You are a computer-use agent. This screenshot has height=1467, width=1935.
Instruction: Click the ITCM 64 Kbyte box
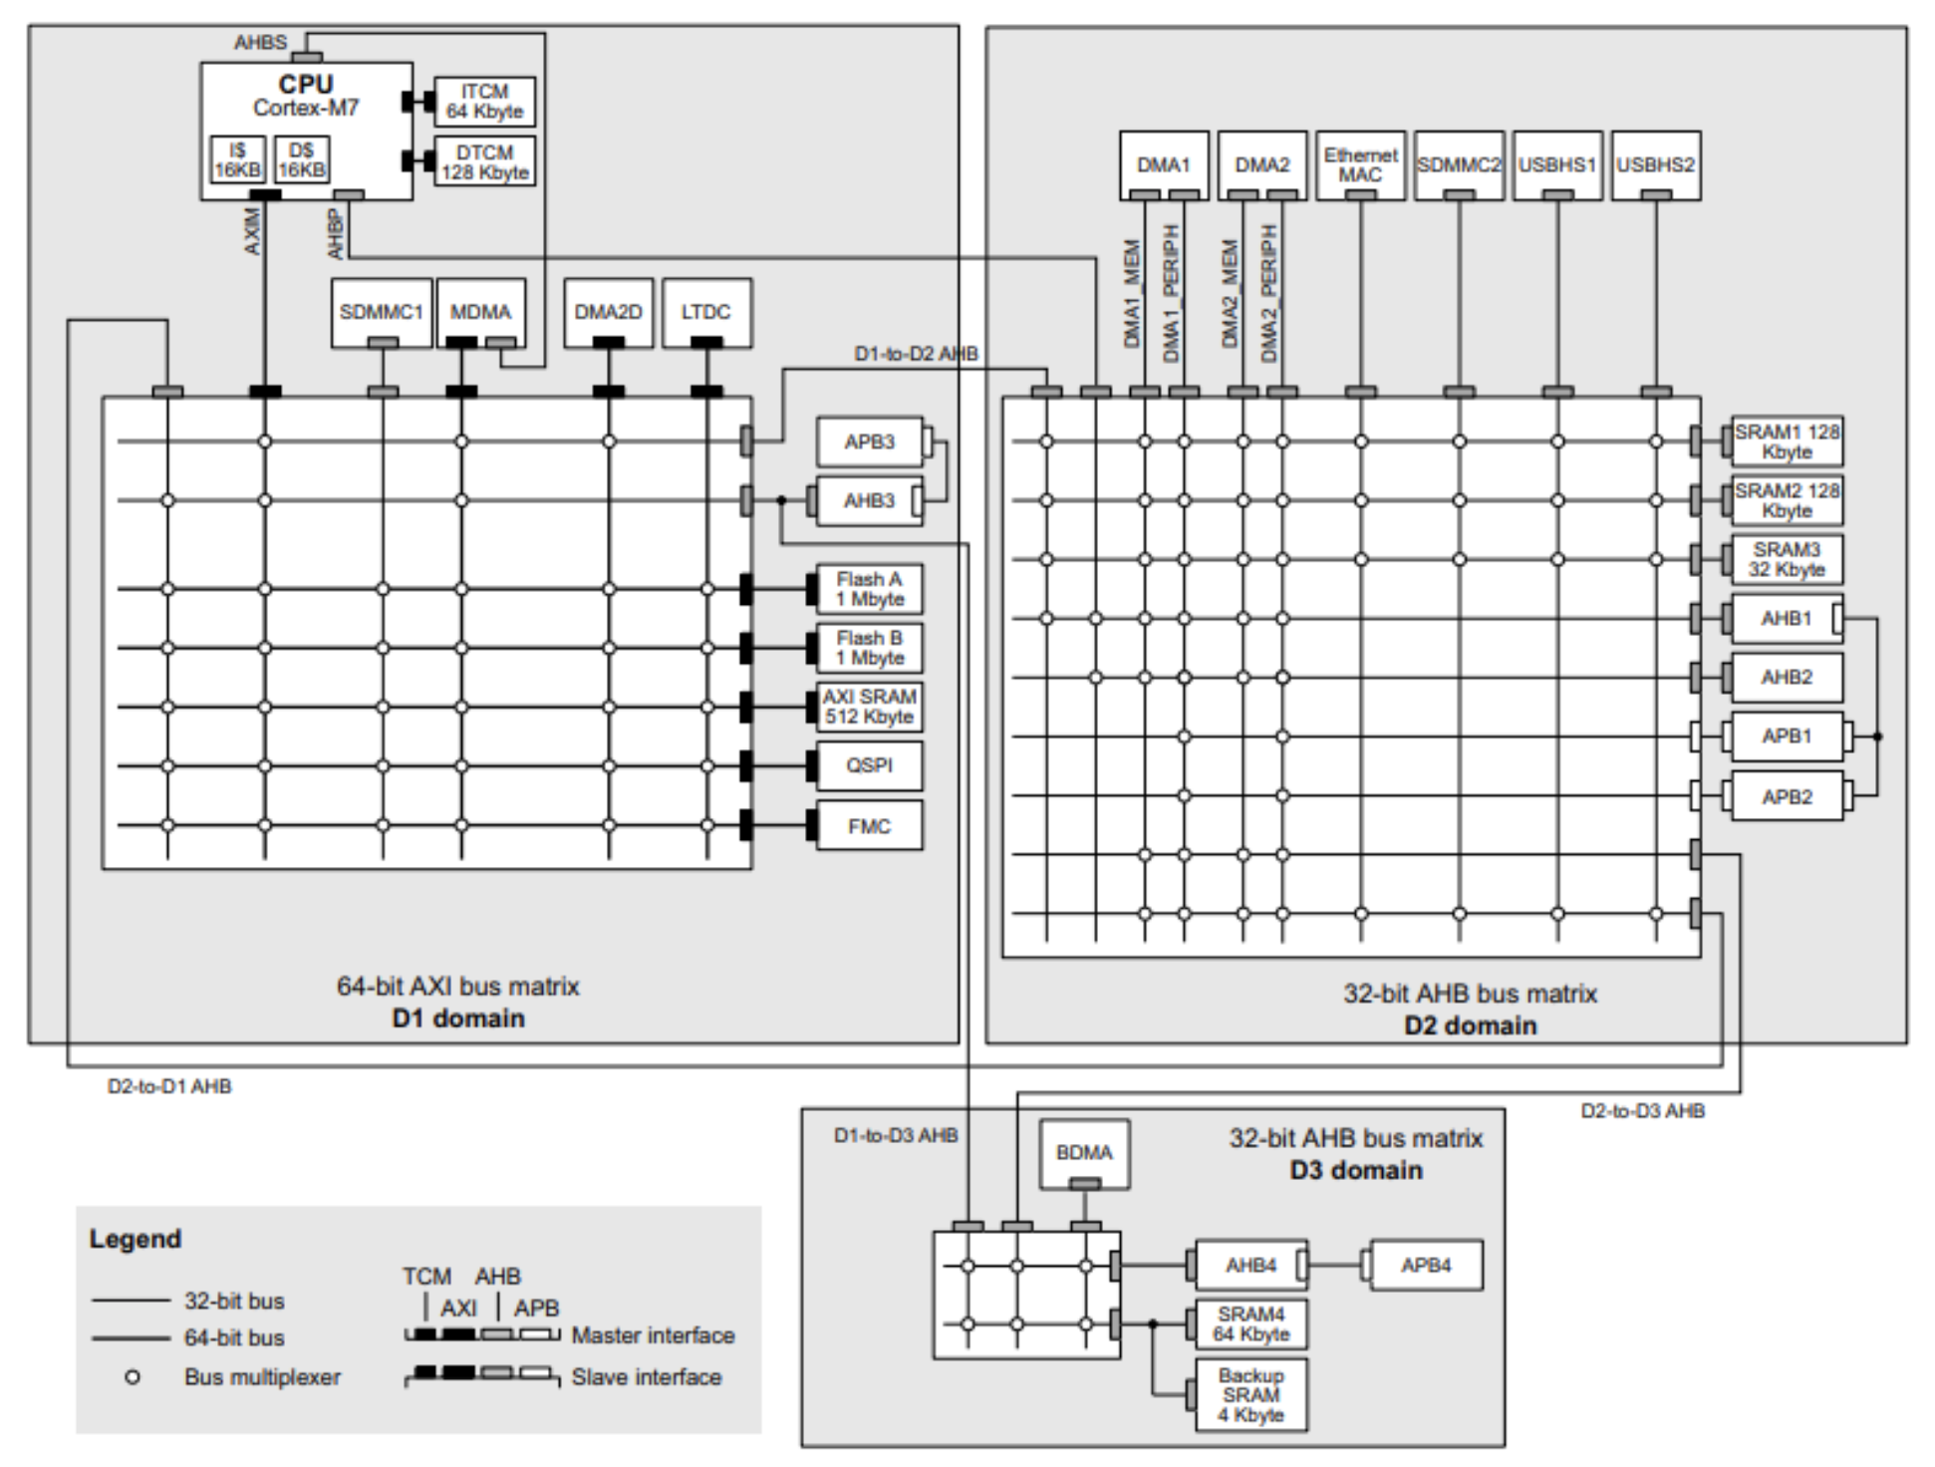[484, 102]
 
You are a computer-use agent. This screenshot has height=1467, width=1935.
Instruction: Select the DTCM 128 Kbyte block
[484, 161]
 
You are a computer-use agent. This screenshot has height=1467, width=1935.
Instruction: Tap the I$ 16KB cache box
[238, 160]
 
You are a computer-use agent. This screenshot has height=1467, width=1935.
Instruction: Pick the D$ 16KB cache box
[302, 160]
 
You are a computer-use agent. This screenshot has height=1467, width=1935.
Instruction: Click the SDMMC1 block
[382, 313]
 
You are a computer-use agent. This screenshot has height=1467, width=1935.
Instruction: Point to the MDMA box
[481, 313]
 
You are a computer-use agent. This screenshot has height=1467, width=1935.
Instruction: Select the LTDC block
[706, 313]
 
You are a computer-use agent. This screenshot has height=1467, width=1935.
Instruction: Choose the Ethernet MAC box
[1360, 165]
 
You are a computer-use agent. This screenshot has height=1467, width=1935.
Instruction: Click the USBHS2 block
[1656, 165]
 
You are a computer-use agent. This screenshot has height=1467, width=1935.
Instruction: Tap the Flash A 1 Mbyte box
[869, 589]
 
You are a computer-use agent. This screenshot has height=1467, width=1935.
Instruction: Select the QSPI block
[869, 765]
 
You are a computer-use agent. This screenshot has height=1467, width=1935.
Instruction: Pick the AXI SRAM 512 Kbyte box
[869, 707]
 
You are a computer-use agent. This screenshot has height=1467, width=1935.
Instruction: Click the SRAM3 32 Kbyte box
[1787, 559]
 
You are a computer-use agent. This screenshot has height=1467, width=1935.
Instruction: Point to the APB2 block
[1787, 796]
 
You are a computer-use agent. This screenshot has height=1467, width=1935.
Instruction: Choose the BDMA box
[1084, 1154]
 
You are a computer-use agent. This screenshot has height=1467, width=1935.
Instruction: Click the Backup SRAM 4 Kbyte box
[1251, 1394]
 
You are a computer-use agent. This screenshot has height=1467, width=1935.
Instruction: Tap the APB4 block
[1426, 1266]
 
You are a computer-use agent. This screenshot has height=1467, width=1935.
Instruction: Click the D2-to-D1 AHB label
[169, 1086]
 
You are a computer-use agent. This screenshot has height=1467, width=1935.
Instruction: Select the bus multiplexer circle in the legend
[133, 1377]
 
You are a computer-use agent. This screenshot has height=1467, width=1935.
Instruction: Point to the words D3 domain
[1356, 1170]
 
